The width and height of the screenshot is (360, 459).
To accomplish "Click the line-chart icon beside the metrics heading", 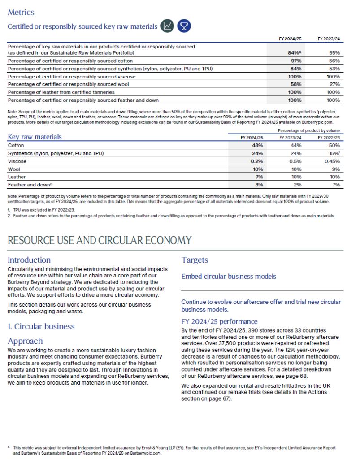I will (x=168, y=26).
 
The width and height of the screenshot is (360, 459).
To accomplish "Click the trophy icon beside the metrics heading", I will (x=183, y=26).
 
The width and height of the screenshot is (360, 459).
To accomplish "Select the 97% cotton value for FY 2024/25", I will (x=295, y=61).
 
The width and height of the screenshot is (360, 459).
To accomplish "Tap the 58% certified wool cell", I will (x=295, y=84).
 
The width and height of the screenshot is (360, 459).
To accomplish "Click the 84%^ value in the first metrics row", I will (x=294, y=52).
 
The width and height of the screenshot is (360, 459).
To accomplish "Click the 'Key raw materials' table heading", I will (x=35, y=137).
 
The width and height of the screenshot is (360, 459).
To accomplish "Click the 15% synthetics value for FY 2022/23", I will (x=334, y=153).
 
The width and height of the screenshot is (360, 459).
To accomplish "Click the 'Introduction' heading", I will (x=29, y=260).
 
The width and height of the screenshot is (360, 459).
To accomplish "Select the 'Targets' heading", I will (x=195, y=260).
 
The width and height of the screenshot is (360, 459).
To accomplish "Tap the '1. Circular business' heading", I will (x=41, y=326).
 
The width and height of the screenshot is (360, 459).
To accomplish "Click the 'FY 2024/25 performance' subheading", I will (x=219, y=321).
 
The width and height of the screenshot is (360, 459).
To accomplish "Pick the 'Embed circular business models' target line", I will (x=229, y=276).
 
